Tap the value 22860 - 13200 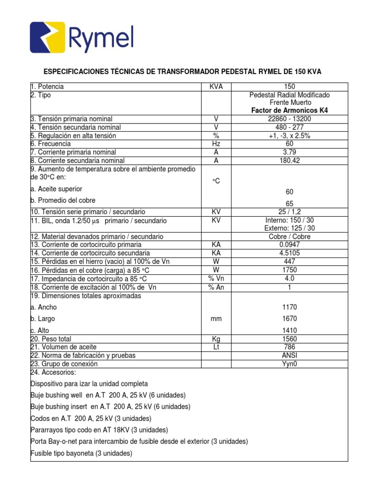coord(290,119)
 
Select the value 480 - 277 coord(290,127)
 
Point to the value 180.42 coord(290,160)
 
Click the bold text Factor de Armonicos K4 coord(290,111)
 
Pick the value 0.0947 coord(290,245)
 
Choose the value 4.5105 coord(290,253)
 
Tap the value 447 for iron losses coord(290,261)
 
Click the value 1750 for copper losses coord(290,270)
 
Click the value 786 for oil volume coord(290,347)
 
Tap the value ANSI coord(290,356)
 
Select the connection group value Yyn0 coord(290,364)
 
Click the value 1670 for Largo coord(290,319)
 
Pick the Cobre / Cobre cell coord(290,236)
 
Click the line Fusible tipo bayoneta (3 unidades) coord(81,453)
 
